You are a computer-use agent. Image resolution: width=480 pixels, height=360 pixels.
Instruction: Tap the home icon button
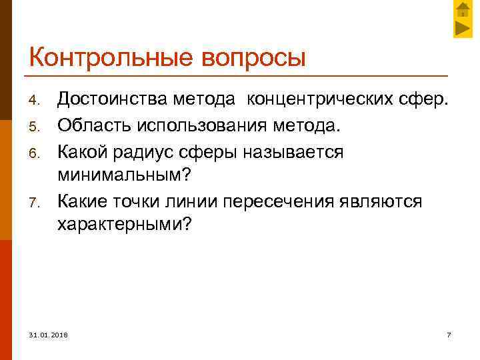point(463,10)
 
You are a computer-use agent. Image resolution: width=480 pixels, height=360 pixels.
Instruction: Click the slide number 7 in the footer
point(449,333)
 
